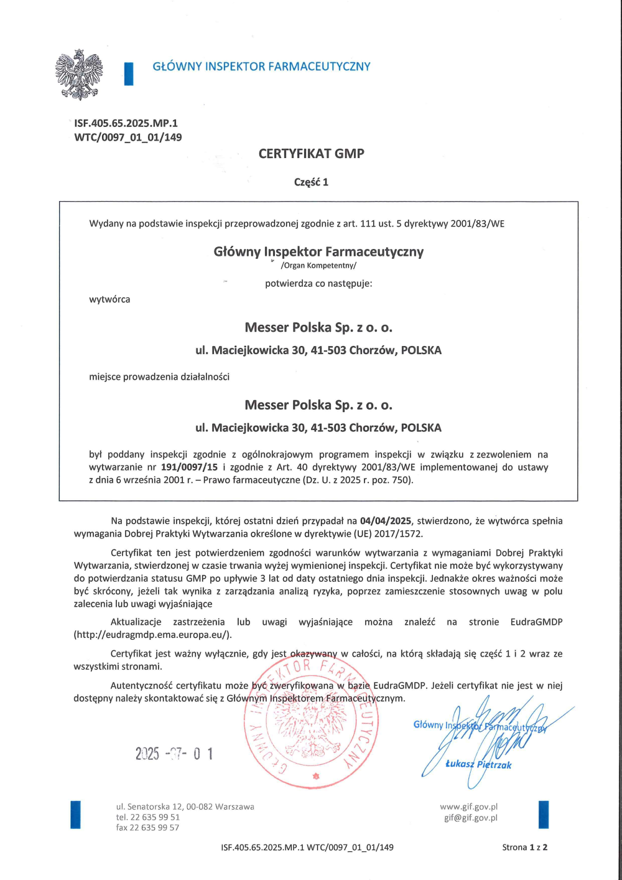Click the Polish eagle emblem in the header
point(79,75)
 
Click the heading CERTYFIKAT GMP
point(311,154)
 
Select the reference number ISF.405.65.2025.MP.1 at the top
point(126,123)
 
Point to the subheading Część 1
point(311,182)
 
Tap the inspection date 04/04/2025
point(386,521)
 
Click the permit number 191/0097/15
point(189,467)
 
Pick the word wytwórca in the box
point(109,299)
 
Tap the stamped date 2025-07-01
point(174,754)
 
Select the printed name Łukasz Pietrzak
point(478,765)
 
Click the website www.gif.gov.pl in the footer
point(468,807)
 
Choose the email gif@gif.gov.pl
point(470,818)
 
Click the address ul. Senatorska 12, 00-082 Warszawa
point(185,807)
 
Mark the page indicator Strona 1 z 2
point(524,847)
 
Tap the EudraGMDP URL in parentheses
point(152,635)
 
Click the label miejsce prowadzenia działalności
point(159,377)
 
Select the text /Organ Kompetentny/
point(318,266)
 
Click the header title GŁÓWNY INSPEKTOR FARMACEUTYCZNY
point(261,67)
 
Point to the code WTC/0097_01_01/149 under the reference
point(128,138)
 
